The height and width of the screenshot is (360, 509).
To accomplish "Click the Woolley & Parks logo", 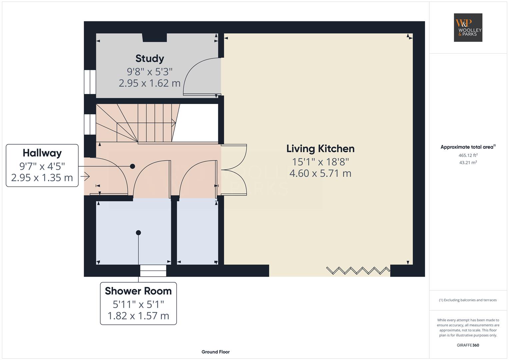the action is tap(468, 27).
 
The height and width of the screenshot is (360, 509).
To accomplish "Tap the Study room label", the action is tap(150, 59).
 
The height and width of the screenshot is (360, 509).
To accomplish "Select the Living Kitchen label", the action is tap(320, 149).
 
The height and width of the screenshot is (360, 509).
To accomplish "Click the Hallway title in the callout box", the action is tap(42, 153).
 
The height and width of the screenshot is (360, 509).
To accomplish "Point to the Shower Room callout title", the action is tap(138, 291).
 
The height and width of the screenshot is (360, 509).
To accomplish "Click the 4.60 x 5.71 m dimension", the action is tap(320, 173).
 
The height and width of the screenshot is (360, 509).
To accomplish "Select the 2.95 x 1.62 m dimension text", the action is tap(150, 83).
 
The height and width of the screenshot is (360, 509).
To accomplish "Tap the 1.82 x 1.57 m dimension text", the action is tap(138, 316).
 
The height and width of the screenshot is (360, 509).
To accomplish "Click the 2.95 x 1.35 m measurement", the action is tap(42, 177).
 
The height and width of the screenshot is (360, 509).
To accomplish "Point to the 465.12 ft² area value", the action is tap(468, 155).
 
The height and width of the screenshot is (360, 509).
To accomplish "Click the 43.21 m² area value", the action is tap(468, 163).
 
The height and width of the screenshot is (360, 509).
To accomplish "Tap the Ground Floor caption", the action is tap(215, 352).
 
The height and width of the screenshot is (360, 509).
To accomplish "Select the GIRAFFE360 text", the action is tap(468, 345).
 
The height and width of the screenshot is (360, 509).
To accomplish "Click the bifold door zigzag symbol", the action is tap(358, 270).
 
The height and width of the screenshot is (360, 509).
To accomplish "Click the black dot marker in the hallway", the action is tap(132, 166).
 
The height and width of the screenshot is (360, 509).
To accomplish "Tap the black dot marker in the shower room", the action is tap(138, 233).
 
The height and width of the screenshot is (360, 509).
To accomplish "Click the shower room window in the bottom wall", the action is tap(153, 270).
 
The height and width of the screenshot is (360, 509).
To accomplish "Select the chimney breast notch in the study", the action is tap(155, 37).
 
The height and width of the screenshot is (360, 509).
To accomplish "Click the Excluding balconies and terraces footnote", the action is tap(468, 300).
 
